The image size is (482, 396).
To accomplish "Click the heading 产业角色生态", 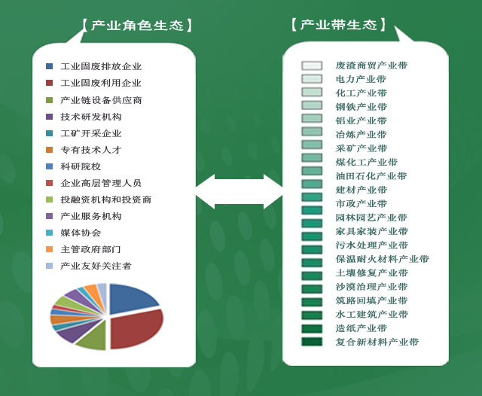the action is [137, 26].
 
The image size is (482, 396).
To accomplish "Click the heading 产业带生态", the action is [338, 25].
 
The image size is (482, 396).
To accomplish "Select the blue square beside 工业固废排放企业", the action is [49, 66].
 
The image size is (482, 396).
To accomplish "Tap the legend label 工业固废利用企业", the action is [101, 83].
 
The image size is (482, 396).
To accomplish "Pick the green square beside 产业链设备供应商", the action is [49, 100].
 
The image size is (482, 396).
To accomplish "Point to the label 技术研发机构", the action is [91, 117].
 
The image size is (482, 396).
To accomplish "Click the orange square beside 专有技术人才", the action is [49, 150].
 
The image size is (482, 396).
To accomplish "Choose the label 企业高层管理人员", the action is [101, 183].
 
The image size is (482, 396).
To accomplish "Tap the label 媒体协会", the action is [81, 233].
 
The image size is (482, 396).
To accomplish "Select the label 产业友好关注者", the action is [96, 266].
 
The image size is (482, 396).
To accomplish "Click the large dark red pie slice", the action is [136, 329].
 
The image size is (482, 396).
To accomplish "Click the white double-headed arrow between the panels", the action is [239, 192].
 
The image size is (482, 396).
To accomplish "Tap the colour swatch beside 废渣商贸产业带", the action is [312, 65].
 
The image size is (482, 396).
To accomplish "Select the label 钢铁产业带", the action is [361, 107].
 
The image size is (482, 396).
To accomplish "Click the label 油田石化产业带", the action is [371, 176].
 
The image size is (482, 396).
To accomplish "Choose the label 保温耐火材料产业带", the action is [382, 259].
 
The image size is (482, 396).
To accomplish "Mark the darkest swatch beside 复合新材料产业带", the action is [312, 342].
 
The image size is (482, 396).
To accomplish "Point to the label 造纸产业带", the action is [361, 328].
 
